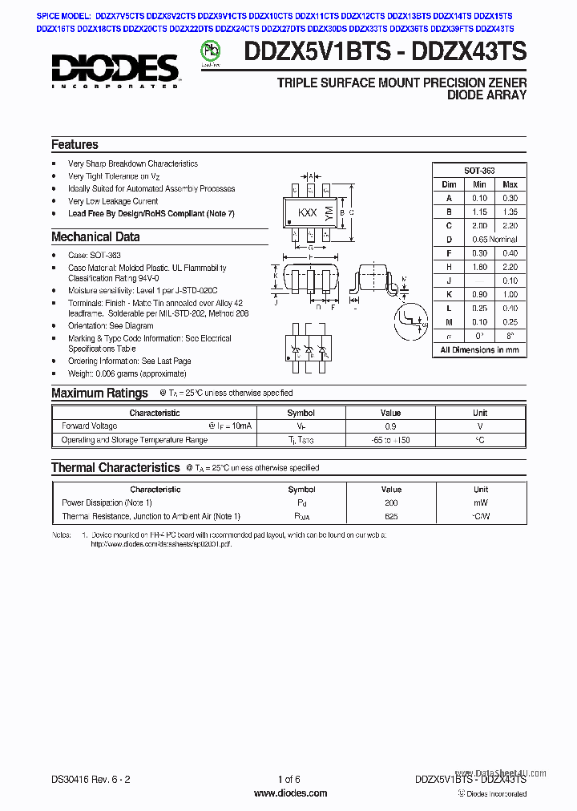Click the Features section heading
point(75,145)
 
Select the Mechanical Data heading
point(95,237)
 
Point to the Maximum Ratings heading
point(99,393)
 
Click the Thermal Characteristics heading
point(115,468)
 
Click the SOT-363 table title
point(479,171)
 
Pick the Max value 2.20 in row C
point(510,225)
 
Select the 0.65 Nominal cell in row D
point(494,239)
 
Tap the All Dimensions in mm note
point(479,349)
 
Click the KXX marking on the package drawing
point(307,213)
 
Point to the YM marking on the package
point(328,212)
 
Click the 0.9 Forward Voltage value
point(390,426)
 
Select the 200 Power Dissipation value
point(391,502)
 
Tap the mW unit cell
point(480,502)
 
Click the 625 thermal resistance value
point(391,516)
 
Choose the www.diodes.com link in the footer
point(289,793)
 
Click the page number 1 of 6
point(289,780)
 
